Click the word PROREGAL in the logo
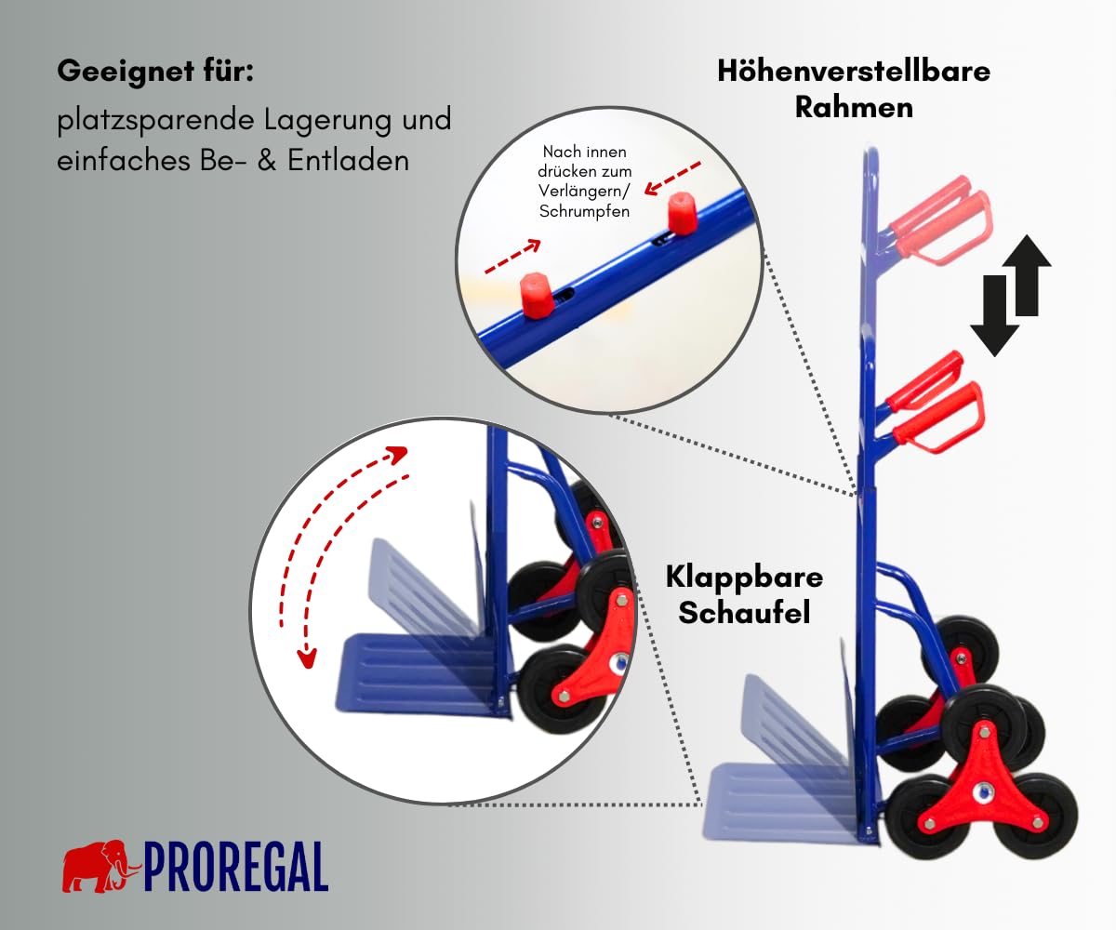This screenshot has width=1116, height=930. pyautogui.click(x=235, y=867)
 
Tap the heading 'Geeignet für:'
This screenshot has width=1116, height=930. pyautogui.click(x=155, y=71)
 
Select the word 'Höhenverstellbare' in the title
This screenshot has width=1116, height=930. pyautogui.click(x=854, y=71)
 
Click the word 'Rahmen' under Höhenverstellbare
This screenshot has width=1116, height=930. pyautogui.click(x=854, y=108)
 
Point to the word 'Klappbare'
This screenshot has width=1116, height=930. pyautogui.click(x=744, y=578)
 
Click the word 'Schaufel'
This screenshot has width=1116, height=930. pyautogui.click(x=744, y=613)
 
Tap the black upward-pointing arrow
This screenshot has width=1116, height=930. pyautogui.click(x=1027, y=274)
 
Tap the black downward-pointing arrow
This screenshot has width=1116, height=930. pyautogui.click(x=995, y=316)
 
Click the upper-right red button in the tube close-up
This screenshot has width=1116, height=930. pyautogui.click(x=681, y=213)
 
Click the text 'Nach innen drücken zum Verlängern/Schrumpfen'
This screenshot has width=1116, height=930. pyautogui.click(x=584, y=181)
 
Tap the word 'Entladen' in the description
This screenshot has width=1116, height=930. pyautogui.click(x=348, y=160)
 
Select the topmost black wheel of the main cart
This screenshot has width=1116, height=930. pyautogui.click(x=967, y=648)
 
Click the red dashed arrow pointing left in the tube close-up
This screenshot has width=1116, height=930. pyautogui.click(x=672, y=178)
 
